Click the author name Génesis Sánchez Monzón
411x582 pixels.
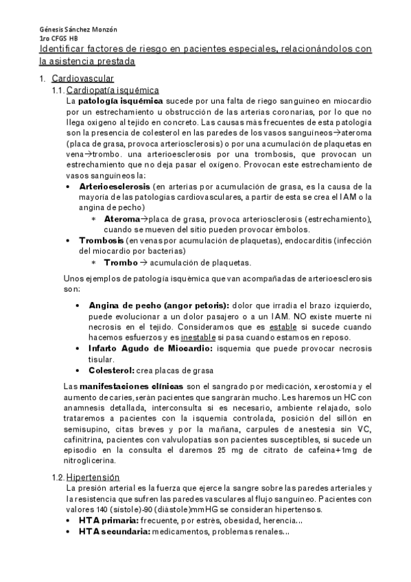point(78,30)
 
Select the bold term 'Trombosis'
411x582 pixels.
point(102,241)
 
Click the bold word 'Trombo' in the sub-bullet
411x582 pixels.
point(120,262)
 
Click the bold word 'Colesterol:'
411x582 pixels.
point(114,371)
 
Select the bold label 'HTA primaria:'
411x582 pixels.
point(109,521)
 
